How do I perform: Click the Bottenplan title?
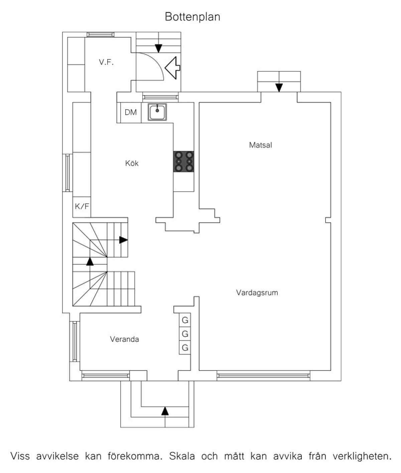pyautogui.click(x=192, y=17)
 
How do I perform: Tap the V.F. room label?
pyautogui.click(x=106, y=62)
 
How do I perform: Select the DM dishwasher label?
pyautogui.click(x=131, y=112)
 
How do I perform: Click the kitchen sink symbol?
pyautogui.click(x=157, y=112)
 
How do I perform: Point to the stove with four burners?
pyautogui.click(x=183, y=162)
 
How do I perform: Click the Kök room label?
pyautogui.click(x=132, y=163)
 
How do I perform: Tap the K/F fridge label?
pyautogui.click(x=82, y=206)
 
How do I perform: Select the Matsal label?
pyautogui.click(x=260, y=145)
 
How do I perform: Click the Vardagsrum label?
pyautogui.click(x=257, y=292)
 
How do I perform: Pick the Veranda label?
pyautogui.click(x=125, y=339)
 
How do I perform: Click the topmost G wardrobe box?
pyautogui.click(x=185, y=320)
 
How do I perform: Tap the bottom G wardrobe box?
pyautogui.click(x=185, y=348)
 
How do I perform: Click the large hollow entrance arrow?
pyautogui.click(x=172, y=68)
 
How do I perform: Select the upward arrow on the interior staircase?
pyautogui.click(x=90, y=261)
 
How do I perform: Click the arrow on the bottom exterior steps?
pyautogui.click(x=165, y=411)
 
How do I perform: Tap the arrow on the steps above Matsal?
pyautogui.click(x=279, y=88)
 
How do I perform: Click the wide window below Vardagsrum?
pyautogui.click(x=263, y=376)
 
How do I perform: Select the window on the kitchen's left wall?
pyautogui.click(x=68, y=173)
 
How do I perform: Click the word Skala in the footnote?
pyautogui.click(x=182, y=456)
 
